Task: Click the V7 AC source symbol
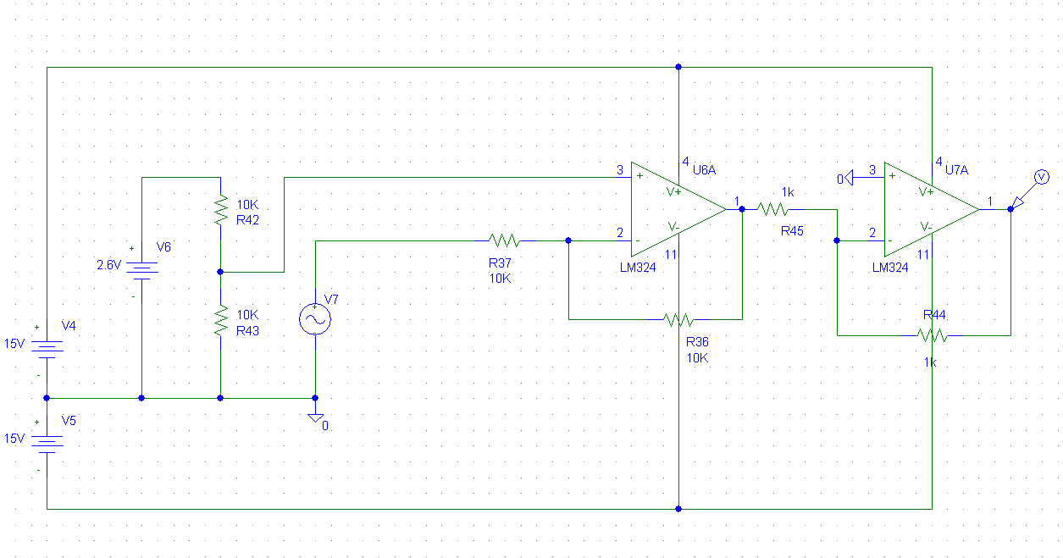[x=315, y=319]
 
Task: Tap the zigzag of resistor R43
[x=221, y=320]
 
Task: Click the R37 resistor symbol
[x=505, y=240]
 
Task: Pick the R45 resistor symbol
[x=773, y=209]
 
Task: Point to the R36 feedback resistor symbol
[x=679, y=320]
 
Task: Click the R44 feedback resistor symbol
[x=932, y=335]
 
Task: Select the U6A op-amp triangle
[x=678, y=209]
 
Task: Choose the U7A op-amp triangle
[x=932, y=209]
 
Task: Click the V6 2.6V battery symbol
[x=142, y=271]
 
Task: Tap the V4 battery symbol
[x=47, y=350]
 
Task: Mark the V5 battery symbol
[x=47, y=445]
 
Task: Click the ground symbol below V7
[x=316, y=417]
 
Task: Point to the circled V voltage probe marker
[x=1042, y=178]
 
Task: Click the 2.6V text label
[x=108, y=265]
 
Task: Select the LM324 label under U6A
[x=638, y=268]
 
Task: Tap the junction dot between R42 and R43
[x=220, y=272]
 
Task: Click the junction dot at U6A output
[x=742, y=209]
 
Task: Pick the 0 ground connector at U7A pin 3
[x=845, y=179]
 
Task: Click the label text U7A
[x=957, y=170]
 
